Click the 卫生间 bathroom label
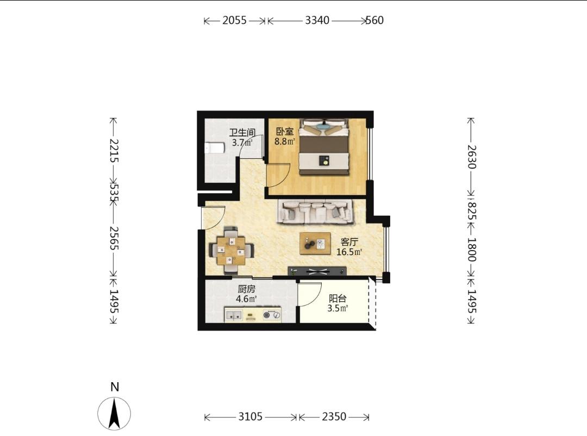tap(242, 133)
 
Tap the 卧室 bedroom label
tap(285, 132)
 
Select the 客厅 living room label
tap(349, 242)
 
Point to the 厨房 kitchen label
tap(246, 289)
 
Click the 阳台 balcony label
tap(338, 298)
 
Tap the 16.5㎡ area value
tap(349, 252)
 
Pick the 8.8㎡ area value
tap(285, 141)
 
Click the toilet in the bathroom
tap(215, 148)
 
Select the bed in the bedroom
tap(324, 147)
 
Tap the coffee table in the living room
tap(315, 244)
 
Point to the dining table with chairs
tap(232, 250)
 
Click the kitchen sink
tap(234, 315)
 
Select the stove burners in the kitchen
tap(272, 315)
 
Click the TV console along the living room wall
tap(317, 271)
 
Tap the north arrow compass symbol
tap(114, 413)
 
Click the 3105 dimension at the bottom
tap(251, 416)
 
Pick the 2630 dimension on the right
tap(472, 157)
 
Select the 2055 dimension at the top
tap(235, 20)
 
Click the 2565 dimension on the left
tap(114, 238)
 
